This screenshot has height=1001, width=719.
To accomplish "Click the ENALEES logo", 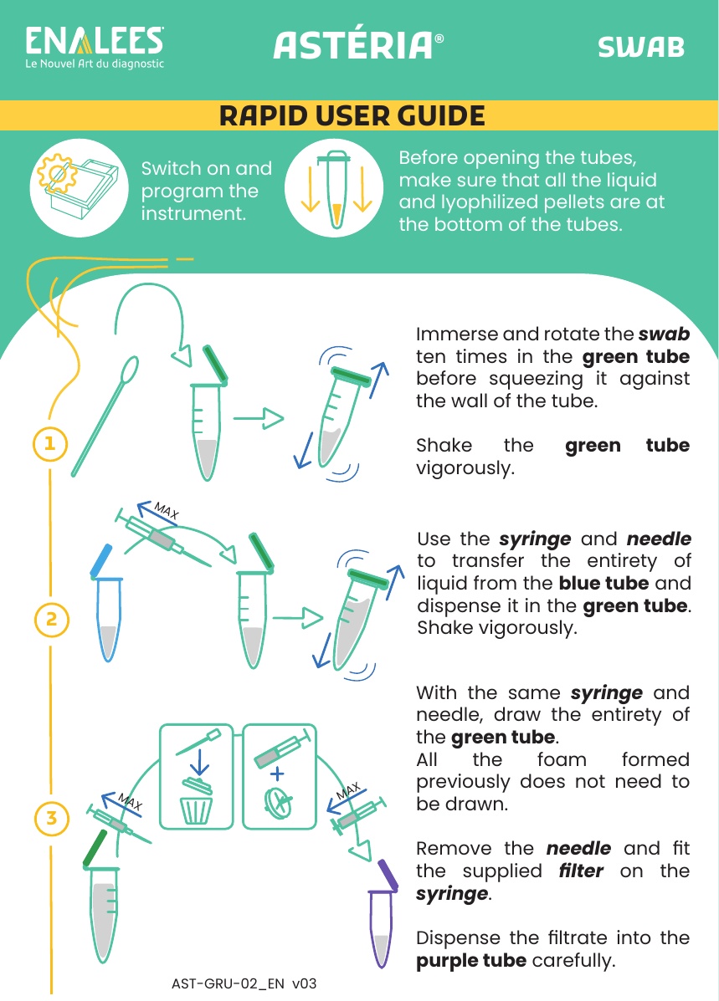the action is (x=95, y=47).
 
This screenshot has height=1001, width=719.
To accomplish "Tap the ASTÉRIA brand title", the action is (x=358, y=45).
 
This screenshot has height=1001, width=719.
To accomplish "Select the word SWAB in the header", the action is (x=641, y=47).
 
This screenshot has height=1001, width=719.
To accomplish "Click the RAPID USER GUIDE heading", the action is (x=352, y=115).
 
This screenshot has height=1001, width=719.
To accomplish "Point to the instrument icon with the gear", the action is (x=78, y=187).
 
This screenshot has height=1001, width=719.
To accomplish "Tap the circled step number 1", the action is (x=50, y=443).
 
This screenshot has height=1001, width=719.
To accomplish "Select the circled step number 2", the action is (x=51, y=619).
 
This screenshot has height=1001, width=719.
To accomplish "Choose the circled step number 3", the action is (x=51, y=818).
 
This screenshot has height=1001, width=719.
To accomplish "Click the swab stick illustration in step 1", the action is (x=104, y=416).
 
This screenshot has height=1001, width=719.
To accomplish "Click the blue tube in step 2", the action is (x=107, y=603).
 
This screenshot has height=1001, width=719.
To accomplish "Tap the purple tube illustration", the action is (x=383, y=914).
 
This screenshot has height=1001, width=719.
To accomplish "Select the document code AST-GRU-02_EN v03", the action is (x=244, y=983).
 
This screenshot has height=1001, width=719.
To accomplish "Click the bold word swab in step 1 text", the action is (x=664, y=334).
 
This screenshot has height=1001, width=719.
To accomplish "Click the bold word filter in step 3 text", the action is (x=580, y=871).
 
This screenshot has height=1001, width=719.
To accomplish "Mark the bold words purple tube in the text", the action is (x=471, y=960).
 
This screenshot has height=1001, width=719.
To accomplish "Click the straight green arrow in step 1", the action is (x=258, y=419).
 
